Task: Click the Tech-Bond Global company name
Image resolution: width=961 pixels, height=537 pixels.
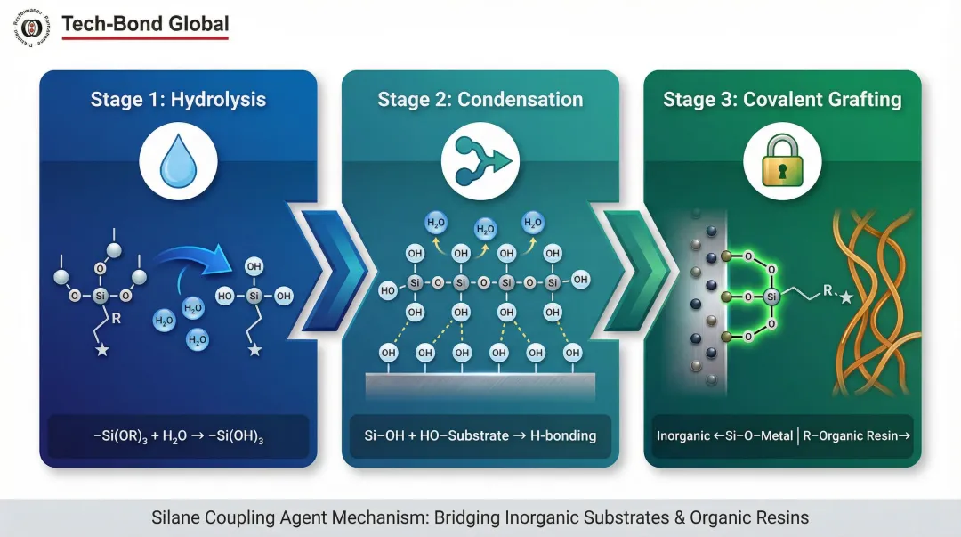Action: click(x=145, y=24)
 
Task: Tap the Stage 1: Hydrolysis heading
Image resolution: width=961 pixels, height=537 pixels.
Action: click(x=178, y=99)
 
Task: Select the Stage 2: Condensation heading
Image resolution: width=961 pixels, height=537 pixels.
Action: click(x=480, y=99)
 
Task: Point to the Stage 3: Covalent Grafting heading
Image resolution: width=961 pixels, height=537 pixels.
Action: click(x=782, y=99)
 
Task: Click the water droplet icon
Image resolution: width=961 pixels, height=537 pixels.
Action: click(x=177, y=164)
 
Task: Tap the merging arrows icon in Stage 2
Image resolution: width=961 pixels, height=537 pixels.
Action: click(x=480, y=164)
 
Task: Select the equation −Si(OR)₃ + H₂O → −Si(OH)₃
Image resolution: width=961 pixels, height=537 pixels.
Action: click(x=178, y=436)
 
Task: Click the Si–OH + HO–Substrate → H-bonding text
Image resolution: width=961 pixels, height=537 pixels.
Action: click(x=480, y=436)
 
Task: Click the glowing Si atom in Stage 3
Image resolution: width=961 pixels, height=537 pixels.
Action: click(x=771, y=296)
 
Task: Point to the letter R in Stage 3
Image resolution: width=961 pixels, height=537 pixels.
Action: click(x=826, y=290)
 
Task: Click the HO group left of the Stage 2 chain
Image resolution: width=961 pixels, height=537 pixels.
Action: click(x=388, y=290)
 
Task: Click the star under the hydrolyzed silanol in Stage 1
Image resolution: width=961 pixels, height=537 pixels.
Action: click(x=255, y=350)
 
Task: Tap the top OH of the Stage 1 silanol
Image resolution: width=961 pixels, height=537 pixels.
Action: click(x=255, y=266)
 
